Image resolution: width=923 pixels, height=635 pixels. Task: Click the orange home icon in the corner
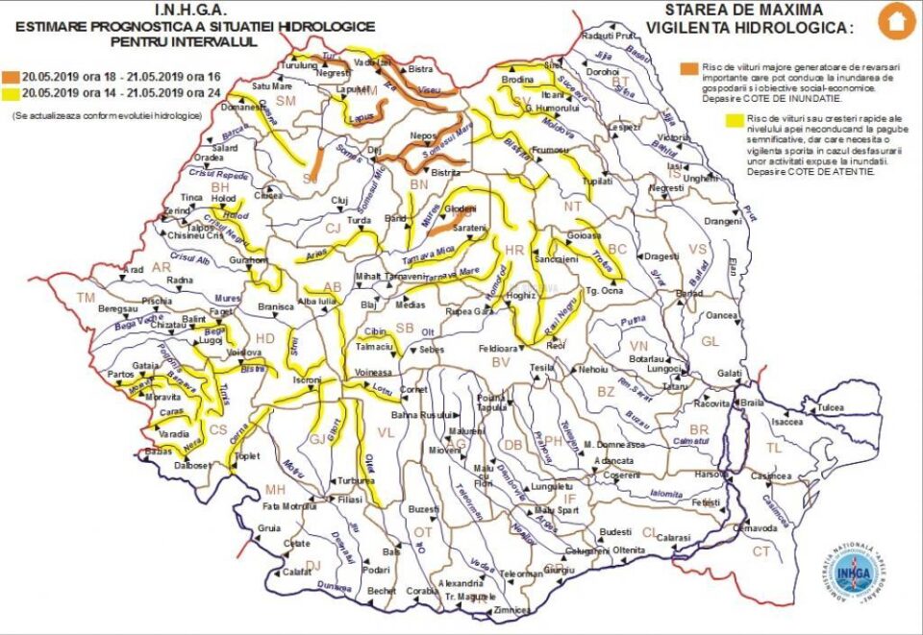point(897,21)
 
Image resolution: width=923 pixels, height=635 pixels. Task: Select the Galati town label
point(730,373)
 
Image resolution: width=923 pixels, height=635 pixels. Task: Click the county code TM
point(87,298)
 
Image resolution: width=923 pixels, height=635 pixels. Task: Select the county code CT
point(761,551)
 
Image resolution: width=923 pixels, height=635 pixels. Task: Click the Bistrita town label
point(446,173)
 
